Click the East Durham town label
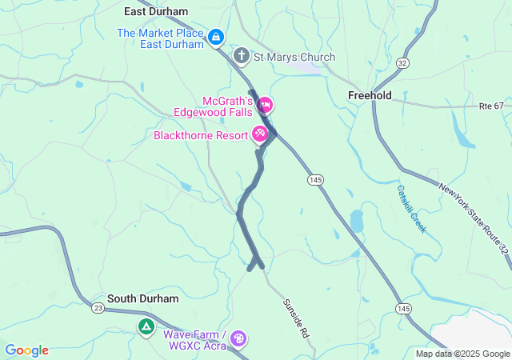click(156, 12)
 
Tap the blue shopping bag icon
click(216, 37)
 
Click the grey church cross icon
click(241, 56)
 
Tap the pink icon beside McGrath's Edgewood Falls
click(265, 105)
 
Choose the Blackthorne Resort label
click(202, 134)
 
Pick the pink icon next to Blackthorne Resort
click(260, 134)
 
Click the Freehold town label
click(369, 95)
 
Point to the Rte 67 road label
click(491, 106)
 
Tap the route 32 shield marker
click(402, 62)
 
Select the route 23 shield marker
click(98, 307)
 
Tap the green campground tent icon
click(146, 326)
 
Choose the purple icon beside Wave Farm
click(238, 339)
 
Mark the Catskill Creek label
click(411, 208)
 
